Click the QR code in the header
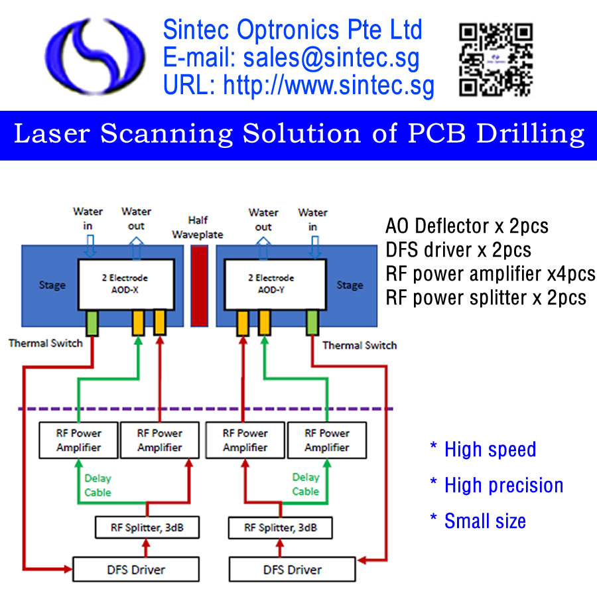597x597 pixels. click(496, 59)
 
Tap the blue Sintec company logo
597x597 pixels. click(95, 56)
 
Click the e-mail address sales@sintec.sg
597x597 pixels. click(331, 58)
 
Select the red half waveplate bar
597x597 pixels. click(199, 286)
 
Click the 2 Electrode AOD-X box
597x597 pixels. click(126, 285)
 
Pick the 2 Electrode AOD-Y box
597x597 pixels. click(275, 285)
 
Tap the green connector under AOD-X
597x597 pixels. click(92, 323)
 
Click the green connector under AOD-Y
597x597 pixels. click(312, 323)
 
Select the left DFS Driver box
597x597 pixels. click(136, 569)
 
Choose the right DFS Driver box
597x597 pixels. click(293, 569)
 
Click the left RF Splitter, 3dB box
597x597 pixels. click(147, 527)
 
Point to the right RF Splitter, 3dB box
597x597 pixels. click(280, 527)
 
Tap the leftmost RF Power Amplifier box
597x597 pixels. click(78, 440)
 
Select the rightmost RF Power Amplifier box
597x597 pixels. click(327, 440)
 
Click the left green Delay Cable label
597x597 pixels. click(98, 485)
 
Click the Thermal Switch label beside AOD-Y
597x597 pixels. click(360, 346)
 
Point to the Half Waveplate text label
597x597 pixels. click(198, 228)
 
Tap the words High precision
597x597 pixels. click(503, 485)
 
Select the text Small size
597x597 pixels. click(485, 521)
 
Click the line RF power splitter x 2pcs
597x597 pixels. click(486, 298)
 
